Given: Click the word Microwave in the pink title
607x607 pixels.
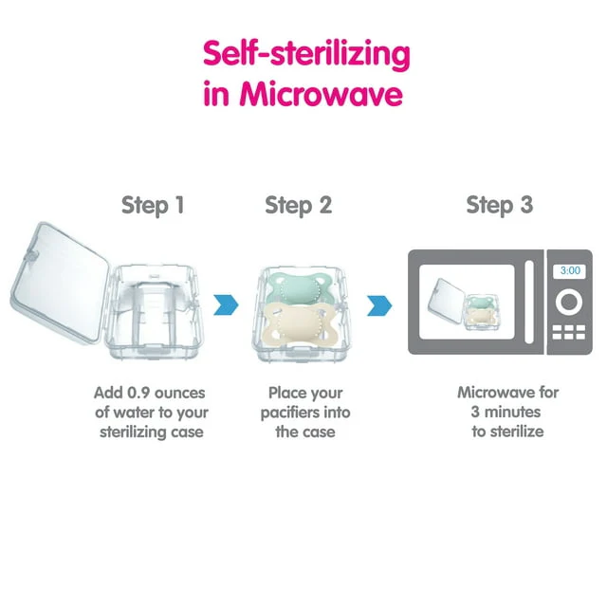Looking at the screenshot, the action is click(x=321, y=94).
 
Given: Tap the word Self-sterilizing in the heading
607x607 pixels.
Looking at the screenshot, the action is click(x=306, y=55).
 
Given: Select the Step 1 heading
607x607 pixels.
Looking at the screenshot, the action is click(x=153, y=205).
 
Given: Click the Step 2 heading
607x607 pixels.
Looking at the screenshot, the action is click(x=299, y=205).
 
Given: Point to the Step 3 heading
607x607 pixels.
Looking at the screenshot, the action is click(x=500, y=205).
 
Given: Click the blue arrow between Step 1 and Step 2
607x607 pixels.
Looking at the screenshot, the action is click(x=226, y=304).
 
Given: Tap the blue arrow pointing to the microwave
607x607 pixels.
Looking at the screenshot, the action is click(x=379, y=305).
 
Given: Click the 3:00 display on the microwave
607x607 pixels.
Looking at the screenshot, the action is click(x=570, y=270).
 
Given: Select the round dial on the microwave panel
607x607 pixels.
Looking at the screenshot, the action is click(x=569, y=302).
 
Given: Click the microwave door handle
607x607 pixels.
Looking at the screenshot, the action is click(x=529, y=302).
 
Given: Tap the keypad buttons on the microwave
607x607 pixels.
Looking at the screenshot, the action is click(x=569, y=332).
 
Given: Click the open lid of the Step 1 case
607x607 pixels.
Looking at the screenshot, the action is click(x=59, y=283).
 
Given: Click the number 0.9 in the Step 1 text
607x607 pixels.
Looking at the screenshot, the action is click(x=139, y=393).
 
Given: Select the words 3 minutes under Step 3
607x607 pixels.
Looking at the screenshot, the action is click(x=506, y=412).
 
